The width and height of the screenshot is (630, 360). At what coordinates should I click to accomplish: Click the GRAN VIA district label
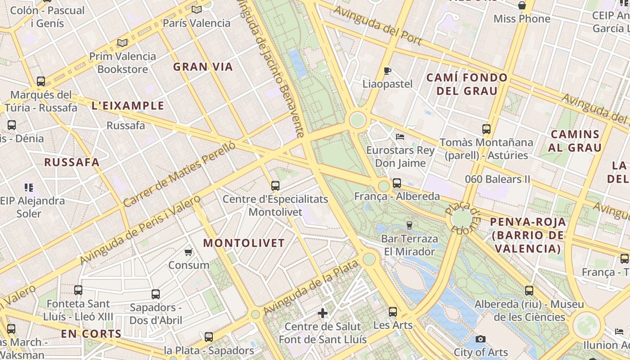coord(203,67)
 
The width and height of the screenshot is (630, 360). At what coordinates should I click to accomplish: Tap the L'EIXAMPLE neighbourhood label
coord(128,106)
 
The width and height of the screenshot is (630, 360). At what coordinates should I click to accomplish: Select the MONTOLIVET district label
coord(244,243)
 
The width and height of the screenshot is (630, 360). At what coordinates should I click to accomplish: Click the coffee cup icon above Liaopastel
coord(387,71)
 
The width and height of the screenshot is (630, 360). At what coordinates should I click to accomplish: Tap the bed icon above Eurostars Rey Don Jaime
coord(400,136)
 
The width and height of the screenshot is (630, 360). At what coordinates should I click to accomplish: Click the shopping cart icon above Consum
coord(189,252)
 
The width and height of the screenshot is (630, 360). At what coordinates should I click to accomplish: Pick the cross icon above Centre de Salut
coord(323,313)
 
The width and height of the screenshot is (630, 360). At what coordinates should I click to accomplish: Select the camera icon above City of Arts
coord(481,339)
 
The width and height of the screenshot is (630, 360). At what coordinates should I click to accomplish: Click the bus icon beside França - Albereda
coord(396,183)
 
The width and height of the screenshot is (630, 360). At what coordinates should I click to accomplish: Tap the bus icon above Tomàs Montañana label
coord(486,129)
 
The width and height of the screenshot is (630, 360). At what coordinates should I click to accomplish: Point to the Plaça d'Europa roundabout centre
coord(462,218)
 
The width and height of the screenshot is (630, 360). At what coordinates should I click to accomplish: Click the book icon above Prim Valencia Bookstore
coord(122,43)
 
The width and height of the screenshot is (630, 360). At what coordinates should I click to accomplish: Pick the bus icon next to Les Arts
coord(393,312)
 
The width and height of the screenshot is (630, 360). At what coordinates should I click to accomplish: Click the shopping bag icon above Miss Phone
coord(522,5)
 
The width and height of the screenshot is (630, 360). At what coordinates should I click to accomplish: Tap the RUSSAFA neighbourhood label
coord(72,162)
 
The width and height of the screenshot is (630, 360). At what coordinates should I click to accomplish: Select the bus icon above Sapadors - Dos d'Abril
coord(156,294)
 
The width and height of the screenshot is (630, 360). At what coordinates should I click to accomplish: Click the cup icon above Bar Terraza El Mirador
coord(409,225)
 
